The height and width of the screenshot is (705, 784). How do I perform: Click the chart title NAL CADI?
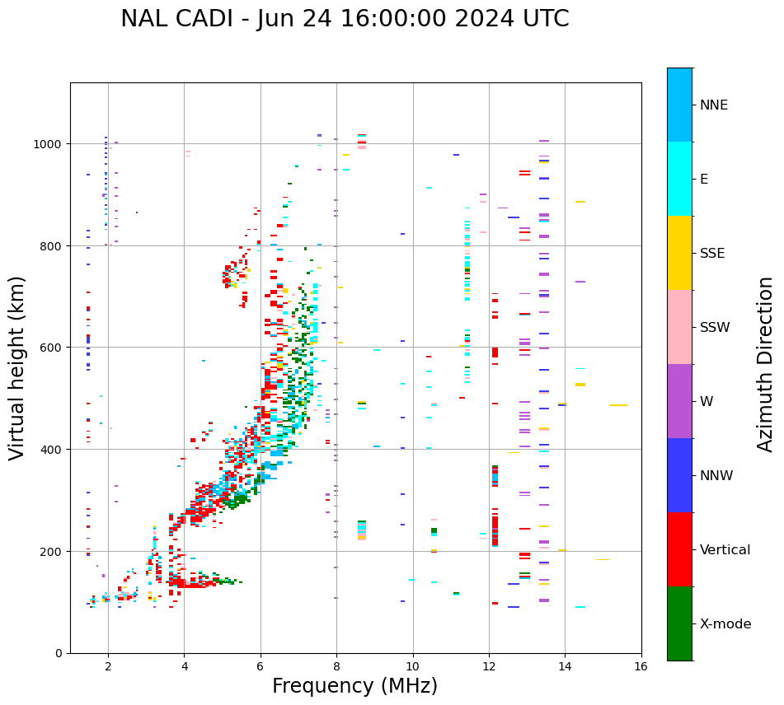(181, 19)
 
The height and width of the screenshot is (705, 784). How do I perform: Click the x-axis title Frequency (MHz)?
(354, 686)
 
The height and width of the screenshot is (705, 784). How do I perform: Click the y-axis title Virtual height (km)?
(17, 367)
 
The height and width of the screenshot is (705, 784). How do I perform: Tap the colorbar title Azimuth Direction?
(766, 364)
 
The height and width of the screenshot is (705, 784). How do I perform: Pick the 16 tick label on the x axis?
(641, 667)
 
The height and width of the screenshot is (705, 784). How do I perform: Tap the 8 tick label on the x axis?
(336, 667)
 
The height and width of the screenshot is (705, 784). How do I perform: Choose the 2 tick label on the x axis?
(108, 667)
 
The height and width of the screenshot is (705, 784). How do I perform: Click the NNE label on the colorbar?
(714, 105)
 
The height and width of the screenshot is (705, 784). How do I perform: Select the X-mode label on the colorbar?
(725, 624)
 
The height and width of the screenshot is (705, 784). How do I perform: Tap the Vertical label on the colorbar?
(725, 550)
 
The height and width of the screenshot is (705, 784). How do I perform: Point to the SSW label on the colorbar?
(715, 328)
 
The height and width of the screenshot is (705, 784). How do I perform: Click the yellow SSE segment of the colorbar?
(679, 253)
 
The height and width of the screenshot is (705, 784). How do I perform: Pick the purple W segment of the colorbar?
(679, 401)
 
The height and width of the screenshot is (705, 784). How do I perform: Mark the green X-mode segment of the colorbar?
(679, 623)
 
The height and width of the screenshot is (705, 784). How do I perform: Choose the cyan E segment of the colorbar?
(679, 179)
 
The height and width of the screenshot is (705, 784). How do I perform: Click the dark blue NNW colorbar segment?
(679, 475)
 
